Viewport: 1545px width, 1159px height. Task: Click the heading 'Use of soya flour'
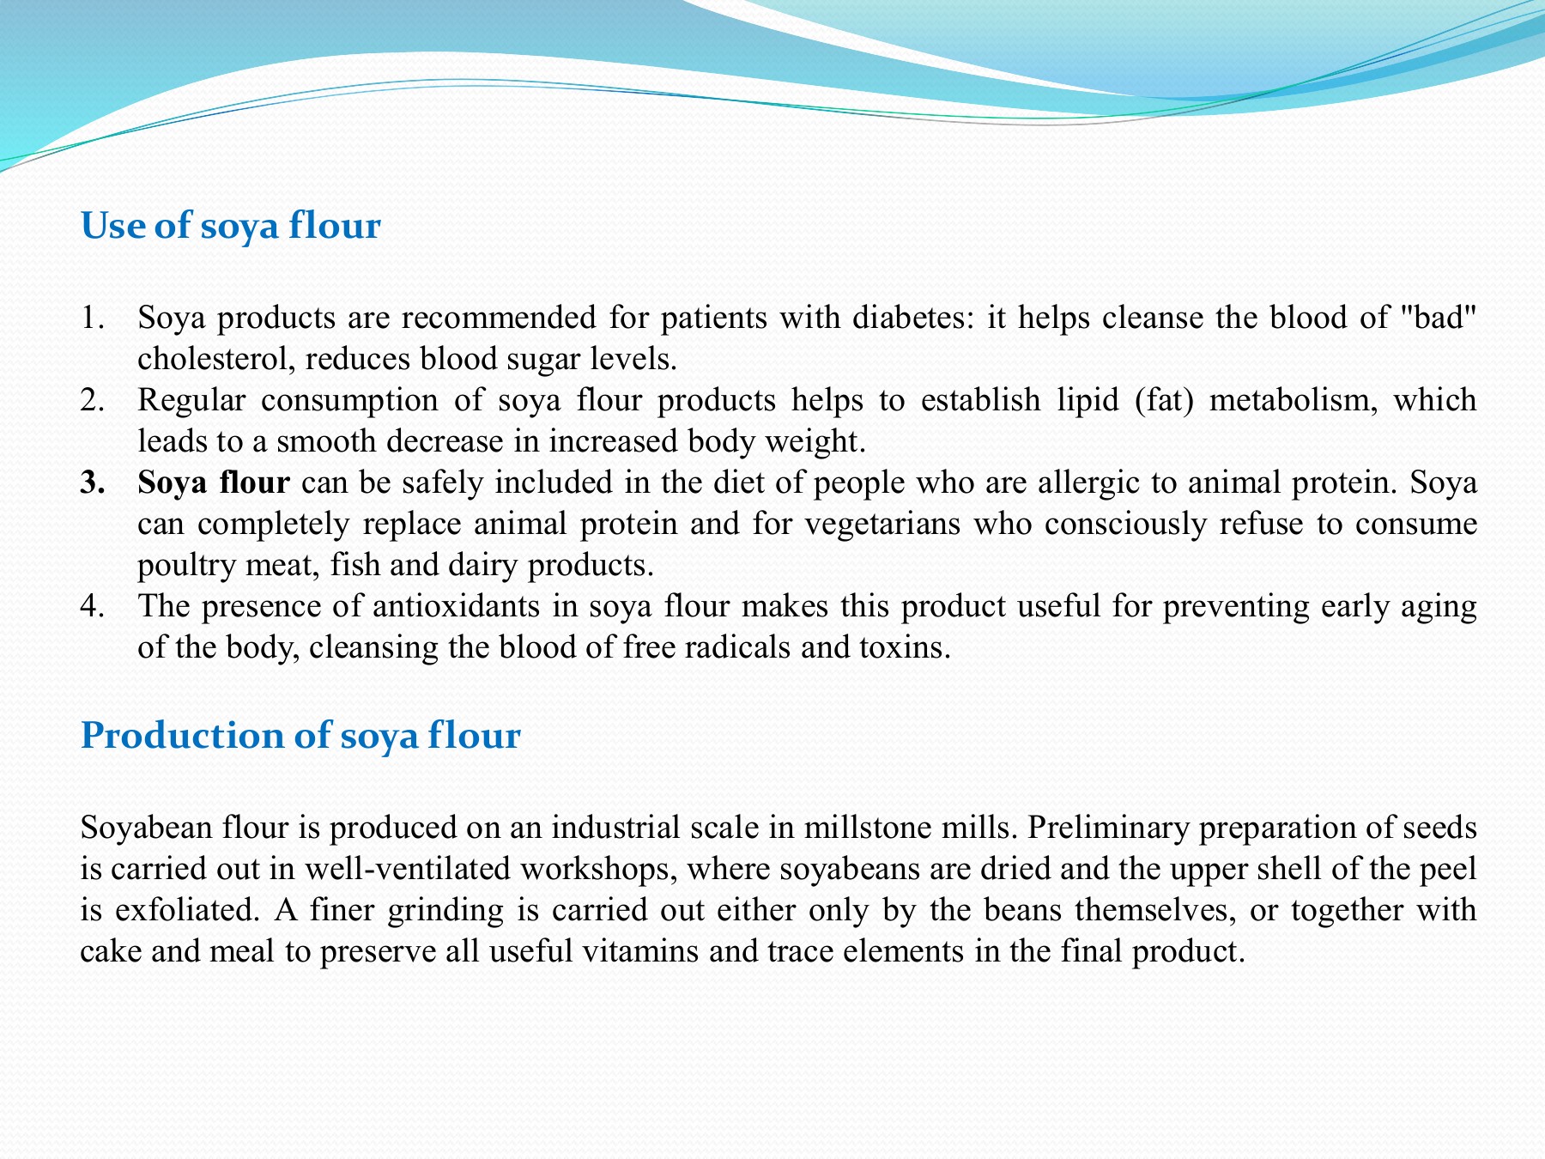(230, 226)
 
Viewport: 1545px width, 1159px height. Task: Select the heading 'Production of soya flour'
(300, 736)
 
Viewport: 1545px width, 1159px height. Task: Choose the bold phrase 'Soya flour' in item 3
(214, 483)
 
